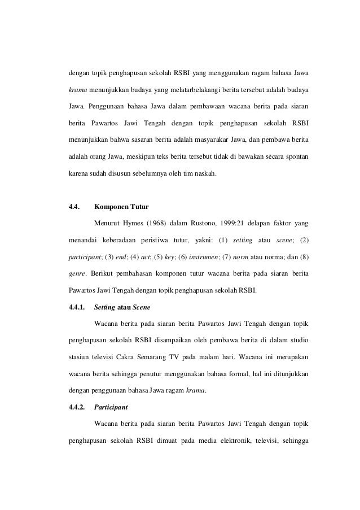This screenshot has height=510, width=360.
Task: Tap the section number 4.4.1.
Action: pyautogui.click(x=76, y=309)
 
